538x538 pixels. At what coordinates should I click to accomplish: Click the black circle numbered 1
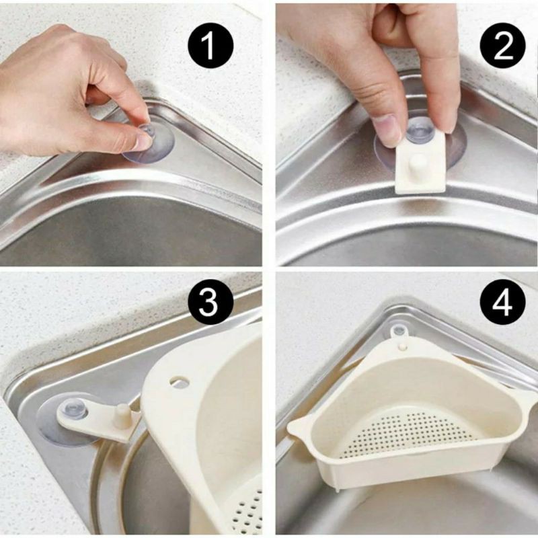tap(210, 45)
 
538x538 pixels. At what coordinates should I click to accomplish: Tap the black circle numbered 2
tap(502, 45)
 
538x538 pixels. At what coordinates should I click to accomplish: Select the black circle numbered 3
tap(210, 301)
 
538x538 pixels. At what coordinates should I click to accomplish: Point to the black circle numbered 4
tap(502, 301)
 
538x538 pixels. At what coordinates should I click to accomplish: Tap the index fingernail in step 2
tap(386, 131)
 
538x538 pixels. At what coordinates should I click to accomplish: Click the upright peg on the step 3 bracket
tap(121, 416)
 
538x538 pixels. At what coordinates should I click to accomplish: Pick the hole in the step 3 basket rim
tap(180, 381)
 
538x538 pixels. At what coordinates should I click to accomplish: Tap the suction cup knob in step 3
tap(73, 409)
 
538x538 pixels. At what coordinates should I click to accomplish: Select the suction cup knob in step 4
tap(399, 331)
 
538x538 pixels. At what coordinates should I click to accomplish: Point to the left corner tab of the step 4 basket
tap(299, 426)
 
